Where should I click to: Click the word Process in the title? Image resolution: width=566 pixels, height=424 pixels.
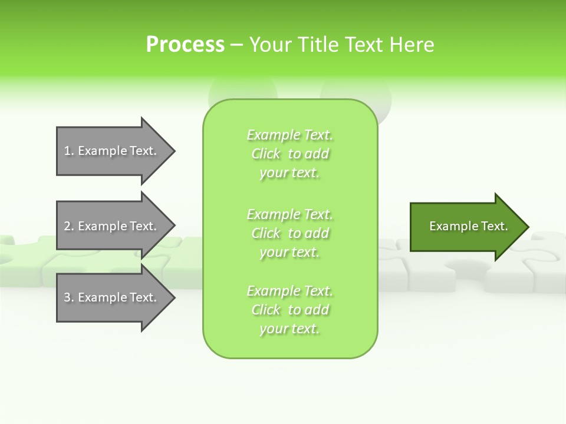[x=185, y=45]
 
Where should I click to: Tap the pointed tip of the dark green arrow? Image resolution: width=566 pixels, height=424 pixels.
[x=526, y=227]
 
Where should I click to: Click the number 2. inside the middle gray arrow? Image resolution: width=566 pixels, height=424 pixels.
[x=69, y=226]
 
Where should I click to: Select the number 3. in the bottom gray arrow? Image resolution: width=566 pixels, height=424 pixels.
[x=69, y=297]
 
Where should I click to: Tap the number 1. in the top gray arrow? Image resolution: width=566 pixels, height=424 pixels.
[x=69, y=151]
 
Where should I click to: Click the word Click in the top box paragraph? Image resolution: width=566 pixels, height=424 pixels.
[x=266, y=154]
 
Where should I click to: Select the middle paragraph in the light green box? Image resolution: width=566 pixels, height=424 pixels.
[x=290, y=233]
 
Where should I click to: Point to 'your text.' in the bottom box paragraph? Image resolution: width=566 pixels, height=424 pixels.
[x=289, y=329]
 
